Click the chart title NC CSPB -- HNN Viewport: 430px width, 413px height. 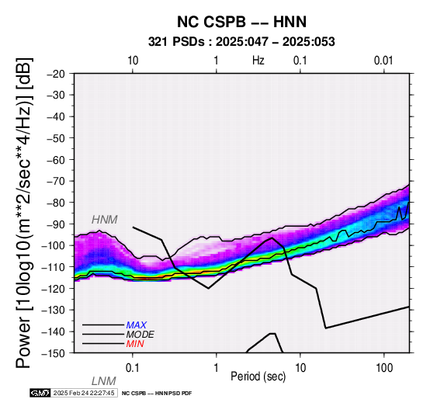click(x=241, y=22)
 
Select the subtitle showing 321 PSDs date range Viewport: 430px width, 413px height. click(x=241, y=42)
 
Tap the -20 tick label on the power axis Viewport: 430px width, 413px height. click(x=56, y=74)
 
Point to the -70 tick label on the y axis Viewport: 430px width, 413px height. click(x=56, y=182)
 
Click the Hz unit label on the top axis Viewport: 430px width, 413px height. click(x=258, y=61)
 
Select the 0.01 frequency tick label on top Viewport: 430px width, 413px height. click(x=383, y=61)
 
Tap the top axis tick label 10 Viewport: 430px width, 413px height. click(x=133, y=61)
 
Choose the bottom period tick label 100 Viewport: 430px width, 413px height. click(x=384, y=368)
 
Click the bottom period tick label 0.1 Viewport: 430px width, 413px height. click(x=132, y=368)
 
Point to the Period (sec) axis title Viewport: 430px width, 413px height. click(x=258, y=377)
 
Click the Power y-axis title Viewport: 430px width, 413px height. click(x=24, y=213)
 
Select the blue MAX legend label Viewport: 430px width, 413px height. click(x=137, y=325)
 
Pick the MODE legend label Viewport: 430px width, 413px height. click(x=140, y=335)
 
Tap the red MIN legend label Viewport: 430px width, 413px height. click(x=135, y=344)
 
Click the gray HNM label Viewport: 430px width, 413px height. click(x=105, y=220)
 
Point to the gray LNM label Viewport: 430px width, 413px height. click(x=104, y=381)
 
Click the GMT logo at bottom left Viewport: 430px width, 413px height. click(x=40, y=393)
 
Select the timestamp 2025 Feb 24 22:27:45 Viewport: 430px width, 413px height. click(x=84, y=393)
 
